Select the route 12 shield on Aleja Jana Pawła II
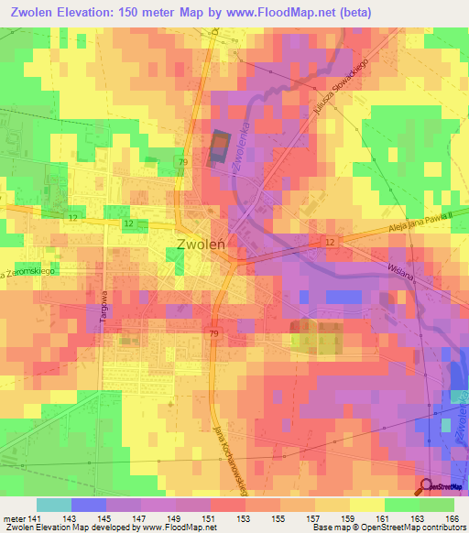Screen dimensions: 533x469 click(330, 241)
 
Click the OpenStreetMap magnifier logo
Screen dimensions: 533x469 click(427, 486)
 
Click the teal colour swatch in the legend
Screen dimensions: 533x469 click(54, 505)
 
